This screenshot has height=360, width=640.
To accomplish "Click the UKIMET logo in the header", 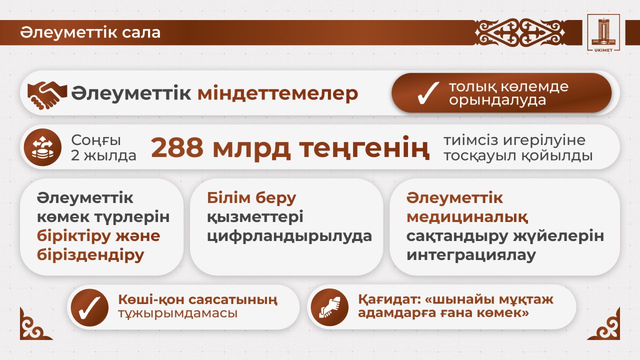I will point(604,32).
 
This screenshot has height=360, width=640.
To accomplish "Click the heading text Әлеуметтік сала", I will point(90,32).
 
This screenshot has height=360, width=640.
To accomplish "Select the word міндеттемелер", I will point(277,93).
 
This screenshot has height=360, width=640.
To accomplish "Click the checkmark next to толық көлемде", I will point(428,93).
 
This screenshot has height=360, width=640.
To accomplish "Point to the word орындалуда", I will point(497,100).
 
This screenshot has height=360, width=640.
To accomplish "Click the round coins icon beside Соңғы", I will point(42,147).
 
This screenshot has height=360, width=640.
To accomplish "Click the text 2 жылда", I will point(103,155).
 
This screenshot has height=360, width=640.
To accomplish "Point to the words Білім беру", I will point(252,198).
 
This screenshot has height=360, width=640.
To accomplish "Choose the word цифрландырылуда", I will point(289,236).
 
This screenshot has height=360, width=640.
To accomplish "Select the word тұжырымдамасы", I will point(177,313).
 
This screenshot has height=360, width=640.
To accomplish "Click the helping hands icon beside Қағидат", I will point(329,306).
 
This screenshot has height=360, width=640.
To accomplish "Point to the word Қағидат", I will point(389,300).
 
